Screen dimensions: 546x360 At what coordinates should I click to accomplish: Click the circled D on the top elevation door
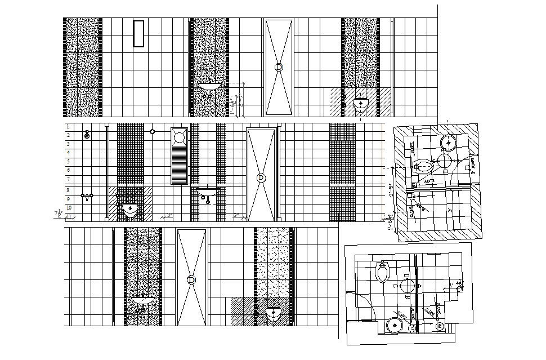pos(279,66)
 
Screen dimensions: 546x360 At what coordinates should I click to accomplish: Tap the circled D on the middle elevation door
pos(261,177)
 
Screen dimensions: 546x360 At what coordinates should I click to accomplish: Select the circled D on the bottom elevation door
pos(191,279)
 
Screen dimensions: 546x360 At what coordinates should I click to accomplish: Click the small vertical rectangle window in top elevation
pos(138,34)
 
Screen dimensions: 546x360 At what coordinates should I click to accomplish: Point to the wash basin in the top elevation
pos(209,87)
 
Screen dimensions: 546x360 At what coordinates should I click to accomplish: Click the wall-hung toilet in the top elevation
pos(360,104)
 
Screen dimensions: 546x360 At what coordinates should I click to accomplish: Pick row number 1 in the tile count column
pos(68,127)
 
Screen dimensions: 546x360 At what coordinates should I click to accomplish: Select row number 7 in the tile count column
pos(68,179)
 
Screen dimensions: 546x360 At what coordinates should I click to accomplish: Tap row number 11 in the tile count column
pos(68,216)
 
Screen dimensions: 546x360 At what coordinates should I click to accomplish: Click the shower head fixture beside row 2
pos(87,135)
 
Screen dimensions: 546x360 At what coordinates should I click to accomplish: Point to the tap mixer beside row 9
pos(87,196)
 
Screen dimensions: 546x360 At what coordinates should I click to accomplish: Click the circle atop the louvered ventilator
pos(180,136)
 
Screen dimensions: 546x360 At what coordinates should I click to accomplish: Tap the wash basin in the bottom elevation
pos(143,301)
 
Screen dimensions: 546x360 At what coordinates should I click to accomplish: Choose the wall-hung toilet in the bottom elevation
pos(274,314)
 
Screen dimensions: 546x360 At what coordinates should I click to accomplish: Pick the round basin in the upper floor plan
pos(449,142)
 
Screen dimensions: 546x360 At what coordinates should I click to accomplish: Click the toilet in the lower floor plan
pos(383,272)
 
